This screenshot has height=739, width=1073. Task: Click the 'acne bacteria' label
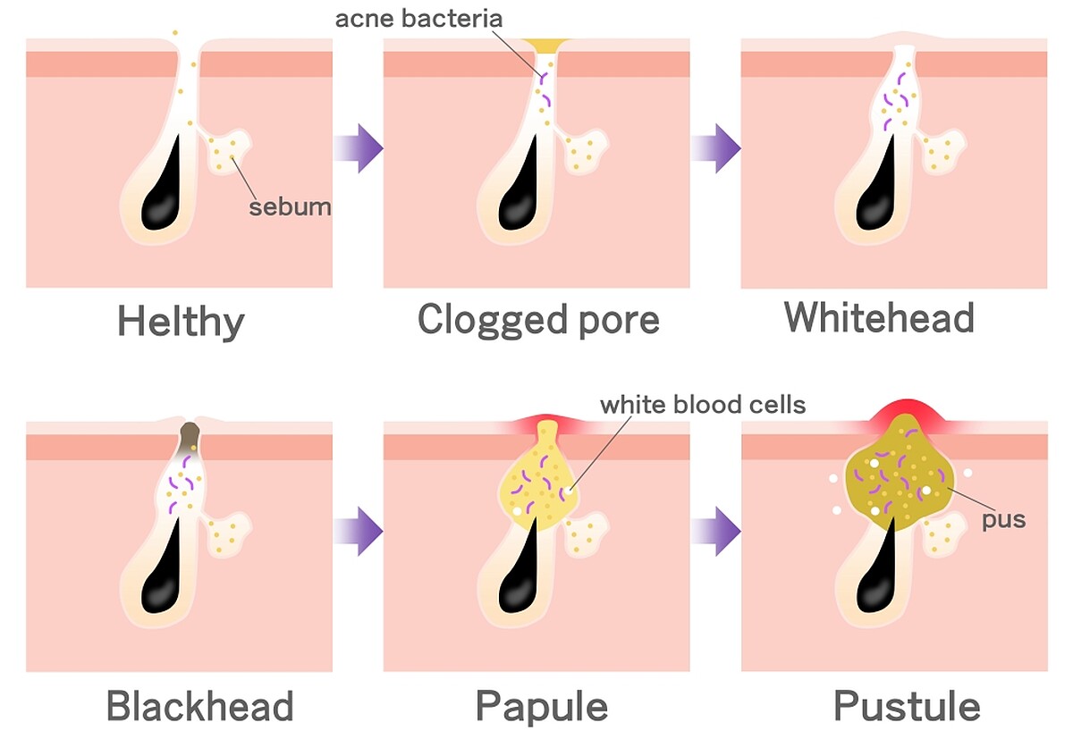(x=418, y=19)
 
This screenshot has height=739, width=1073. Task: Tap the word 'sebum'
(x=290, y=207)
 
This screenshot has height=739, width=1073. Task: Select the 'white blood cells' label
(x=703, y=405)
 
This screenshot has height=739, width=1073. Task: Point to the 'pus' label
(x=1003, y=520)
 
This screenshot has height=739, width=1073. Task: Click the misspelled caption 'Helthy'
(x=181, y=321)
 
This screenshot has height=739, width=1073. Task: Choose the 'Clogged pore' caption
(x=538, y=320)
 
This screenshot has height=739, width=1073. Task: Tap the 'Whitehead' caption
(x=879, y=317)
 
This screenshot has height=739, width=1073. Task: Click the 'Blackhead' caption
(x=199, y=706)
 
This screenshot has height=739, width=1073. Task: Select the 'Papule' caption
(x=542, y=707)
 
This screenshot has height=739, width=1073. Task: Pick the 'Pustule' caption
(x=907, y=706)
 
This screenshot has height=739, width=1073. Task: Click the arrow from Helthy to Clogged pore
(x=359, y=148)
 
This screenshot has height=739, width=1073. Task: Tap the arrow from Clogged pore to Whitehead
(x=715, y=148)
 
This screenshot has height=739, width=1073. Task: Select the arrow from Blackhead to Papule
(x=359, y=532)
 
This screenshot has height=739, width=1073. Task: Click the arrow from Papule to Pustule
(x=715, y=532)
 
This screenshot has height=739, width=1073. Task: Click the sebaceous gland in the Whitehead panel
(x=942, y=150)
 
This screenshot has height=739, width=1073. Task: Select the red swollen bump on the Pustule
(x=904, y=414)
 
